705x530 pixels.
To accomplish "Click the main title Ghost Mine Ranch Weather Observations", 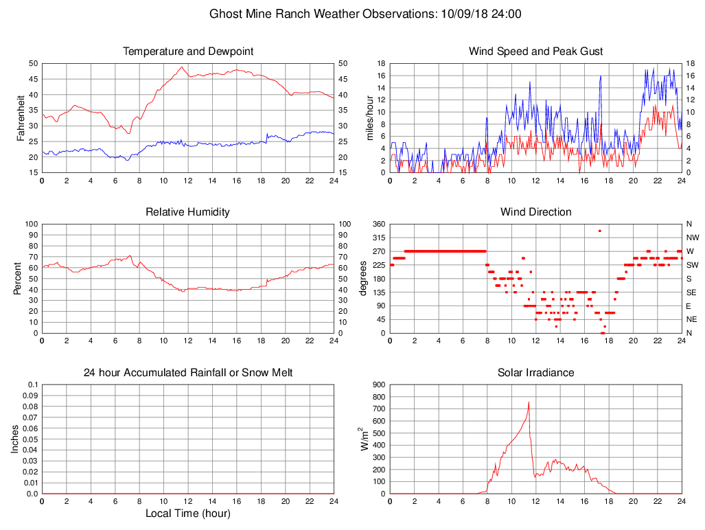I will [365, 14].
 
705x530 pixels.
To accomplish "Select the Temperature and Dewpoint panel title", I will [188, 51].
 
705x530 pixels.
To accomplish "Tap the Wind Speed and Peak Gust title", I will [535, 51].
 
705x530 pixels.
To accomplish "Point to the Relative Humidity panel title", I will [188, 212].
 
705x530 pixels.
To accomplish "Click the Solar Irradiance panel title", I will [535, 373].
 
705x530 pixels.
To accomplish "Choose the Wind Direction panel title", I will [535, 212].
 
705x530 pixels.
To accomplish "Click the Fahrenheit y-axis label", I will [21, 117].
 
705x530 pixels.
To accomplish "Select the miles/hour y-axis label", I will [370, 117].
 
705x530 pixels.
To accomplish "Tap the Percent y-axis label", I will [17, 278].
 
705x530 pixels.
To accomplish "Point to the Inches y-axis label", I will [16, 439].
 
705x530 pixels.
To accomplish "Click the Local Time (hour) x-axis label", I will [188, 514].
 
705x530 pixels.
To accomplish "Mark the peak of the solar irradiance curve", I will [529, 402].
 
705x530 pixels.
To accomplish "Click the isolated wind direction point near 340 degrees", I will [599, 231].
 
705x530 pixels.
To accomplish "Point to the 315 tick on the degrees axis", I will [378, 238].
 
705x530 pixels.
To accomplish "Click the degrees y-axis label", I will [363, 278].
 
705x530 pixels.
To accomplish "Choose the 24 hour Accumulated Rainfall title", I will [188, 373].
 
